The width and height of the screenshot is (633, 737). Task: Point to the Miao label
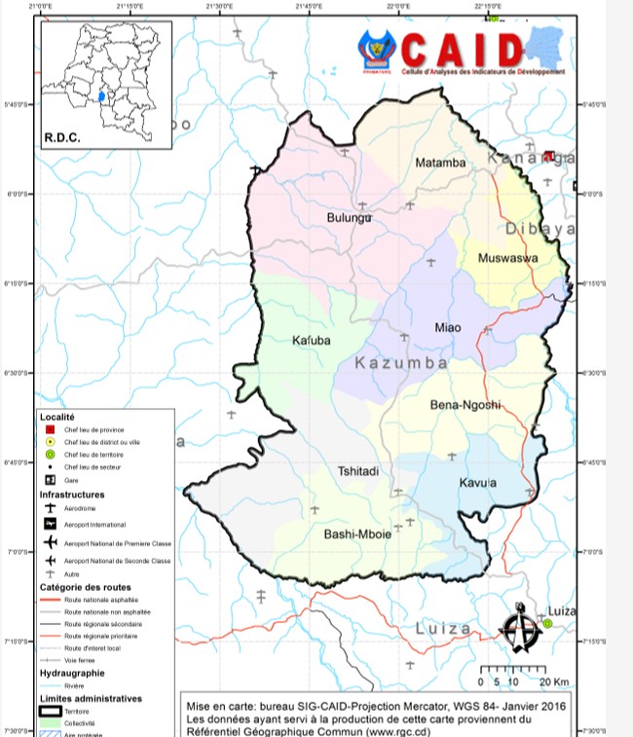pos(447,327)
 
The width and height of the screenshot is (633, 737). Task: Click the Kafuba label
pos(313,341)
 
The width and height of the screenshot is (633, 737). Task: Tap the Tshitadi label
pos(357,472)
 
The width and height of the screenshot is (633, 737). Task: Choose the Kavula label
pos(478,483)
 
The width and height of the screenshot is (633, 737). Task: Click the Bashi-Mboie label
pos(357,534)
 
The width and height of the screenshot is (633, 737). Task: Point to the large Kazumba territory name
pos(400,363)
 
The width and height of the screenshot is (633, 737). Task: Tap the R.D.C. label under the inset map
pos(61,137)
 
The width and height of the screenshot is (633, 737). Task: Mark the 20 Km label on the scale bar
pos(555,682)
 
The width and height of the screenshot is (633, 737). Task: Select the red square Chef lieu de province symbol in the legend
pos(49,429)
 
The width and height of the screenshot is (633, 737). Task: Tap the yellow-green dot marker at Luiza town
pos(547,623)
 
